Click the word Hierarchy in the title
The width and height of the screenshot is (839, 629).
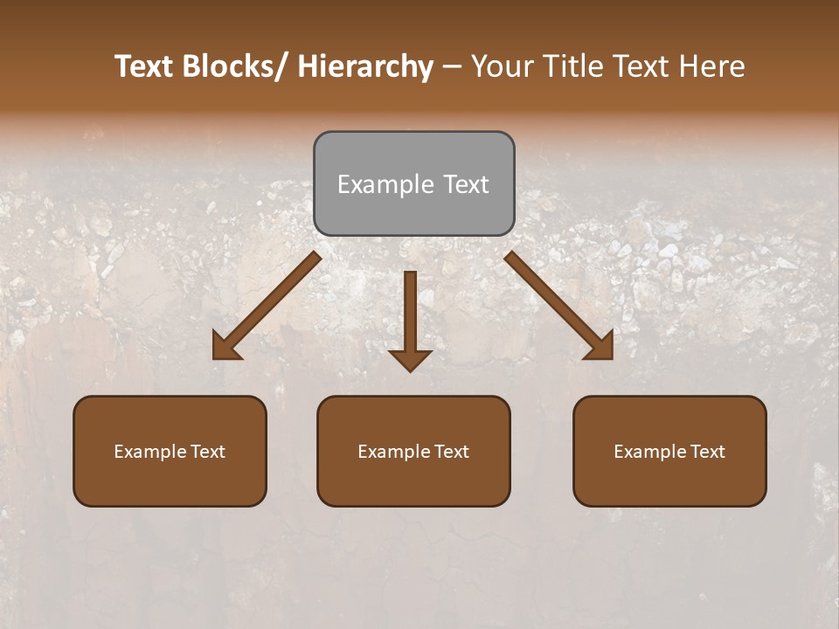pyautogui.click(x=365, y=66)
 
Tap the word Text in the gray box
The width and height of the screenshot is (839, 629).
pyautogui.click(x=466, y=184)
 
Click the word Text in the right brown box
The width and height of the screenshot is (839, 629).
pyautogui.click(x=706, y=452)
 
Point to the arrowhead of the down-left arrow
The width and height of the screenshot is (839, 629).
pyautogui.click(x=225, y=348)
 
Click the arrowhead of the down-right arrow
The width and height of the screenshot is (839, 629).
pyautogui.click(x=600, y=347)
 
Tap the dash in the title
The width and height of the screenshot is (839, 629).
pyautogui.click(x=452, y=67)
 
